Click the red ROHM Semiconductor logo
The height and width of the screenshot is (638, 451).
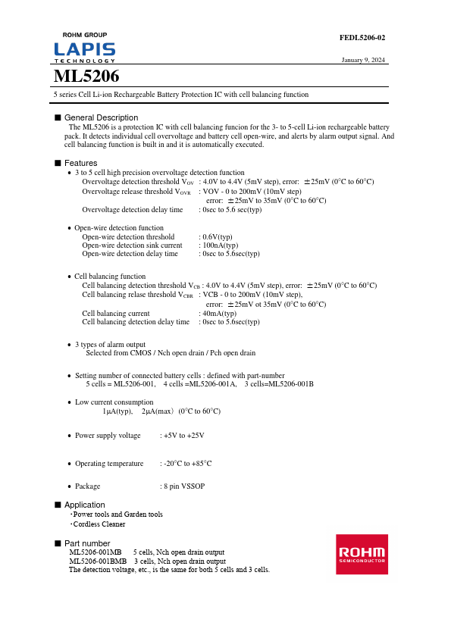tap(362, 554)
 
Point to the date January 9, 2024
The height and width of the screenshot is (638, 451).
tap(363, 60)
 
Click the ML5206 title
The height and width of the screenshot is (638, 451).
tap(86, 77)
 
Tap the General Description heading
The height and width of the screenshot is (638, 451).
tap(101, 117)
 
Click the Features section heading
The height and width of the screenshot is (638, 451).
tap(80, 163)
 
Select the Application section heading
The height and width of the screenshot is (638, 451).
tap(84, 505)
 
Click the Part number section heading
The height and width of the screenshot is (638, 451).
tap(87, 543)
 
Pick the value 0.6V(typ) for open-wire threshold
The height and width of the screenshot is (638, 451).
tap(216, 237)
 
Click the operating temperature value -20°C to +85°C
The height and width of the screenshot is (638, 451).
tap(188, 463)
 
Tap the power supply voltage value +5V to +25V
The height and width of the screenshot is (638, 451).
tap(184, 436)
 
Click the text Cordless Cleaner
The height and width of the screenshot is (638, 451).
tap(99, 524)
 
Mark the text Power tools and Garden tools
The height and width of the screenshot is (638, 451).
tap(117, 514)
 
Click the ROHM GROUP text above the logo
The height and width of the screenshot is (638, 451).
tap(84, 35)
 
